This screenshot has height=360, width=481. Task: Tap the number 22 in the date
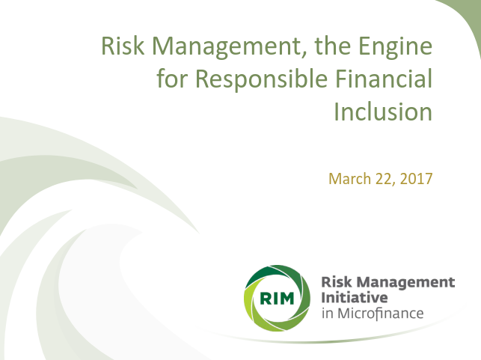(x=384, y=180)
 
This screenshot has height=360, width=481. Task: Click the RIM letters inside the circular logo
(x=277, y=298)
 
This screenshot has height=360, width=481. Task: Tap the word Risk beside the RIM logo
(x=334, y=282)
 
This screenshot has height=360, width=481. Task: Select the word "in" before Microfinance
(x=327, y=312)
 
